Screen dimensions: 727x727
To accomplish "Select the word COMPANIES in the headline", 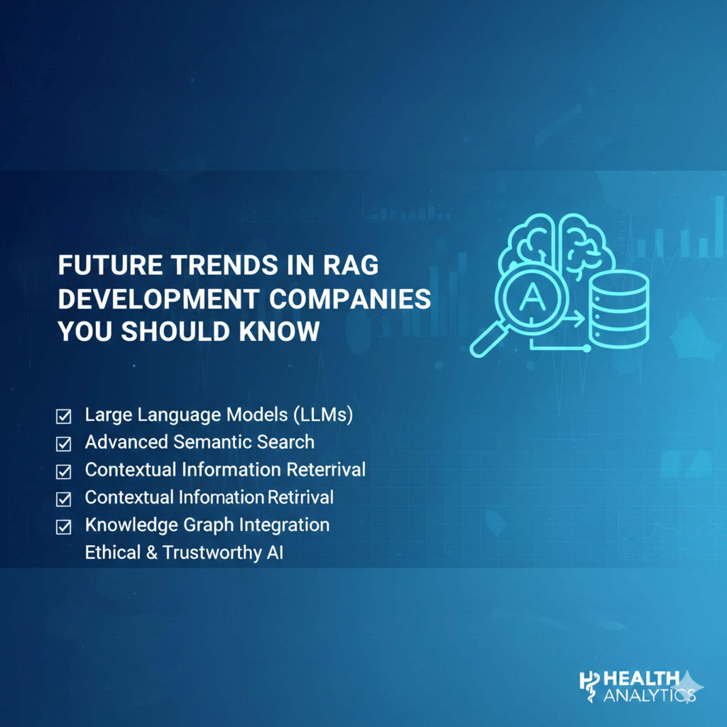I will (350, 298).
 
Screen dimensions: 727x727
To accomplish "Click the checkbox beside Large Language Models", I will (64, 416).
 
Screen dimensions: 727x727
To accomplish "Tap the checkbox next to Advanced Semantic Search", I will (64, 444).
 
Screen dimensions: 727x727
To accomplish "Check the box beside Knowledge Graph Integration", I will (64, 527).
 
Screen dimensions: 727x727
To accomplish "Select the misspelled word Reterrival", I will (326, 470).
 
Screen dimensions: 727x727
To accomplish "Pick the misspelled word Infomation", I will (221, 497).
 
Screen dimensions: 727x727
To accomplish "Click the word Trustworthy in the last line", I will (212, 552).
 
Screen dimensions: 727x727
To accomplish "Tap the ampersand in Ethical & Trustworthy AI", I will (151, 552).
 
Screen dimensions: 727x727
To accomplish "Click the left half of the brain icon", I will (530, 242).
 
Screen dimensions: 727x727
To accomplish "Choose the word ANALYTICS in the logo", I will (649, 695).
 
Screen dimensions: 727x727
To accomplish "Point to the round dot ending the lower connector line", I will (587, 348).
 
